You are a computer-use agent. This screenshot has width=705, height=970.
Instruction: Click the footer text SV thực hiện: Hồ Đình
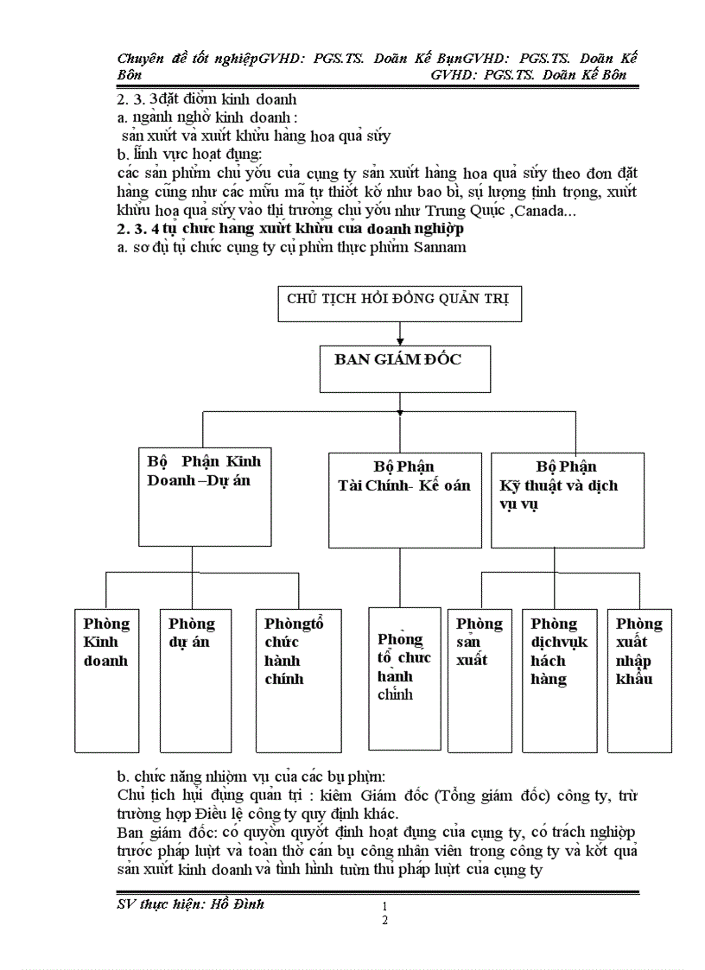coord(190,904)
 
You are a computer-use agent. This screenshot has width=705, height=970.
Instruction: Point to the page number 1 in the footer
coord(384,906)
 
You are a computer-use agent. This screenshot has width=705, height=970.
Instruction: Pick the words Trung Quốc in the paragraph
coord(462,212)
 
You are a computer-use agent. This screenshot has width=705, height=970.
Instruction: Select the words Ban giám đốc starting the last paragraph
coord(155,833)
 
